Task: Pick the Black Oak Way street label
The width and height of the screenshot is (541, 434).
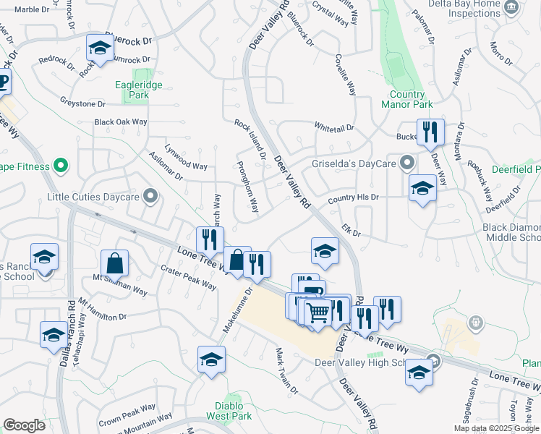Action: [x=121, y=122]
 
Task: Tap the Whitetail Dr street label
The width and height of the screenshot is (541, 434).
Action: [x=334, y=127]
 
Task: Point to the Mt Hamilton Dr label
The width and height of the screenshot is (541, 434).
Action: [x=103, y=309]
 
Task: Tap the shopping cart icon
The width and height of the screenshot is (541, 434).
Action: [x=318, y=312]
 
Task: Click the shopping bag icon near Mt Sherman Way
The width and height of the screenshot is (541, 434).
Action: [x=114, y=263]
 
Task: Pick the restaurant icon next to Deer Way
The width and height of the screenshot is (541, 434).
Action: [x=430, y=132]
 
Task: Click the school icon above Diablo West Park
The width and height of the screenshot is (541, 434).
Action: [x=211, y=359]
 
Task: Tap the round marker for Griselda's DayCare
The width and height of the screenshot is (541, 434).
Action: [x=407, y=162]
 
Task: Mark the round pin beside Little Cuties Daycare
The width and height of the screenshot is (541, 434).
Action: [x=150, y=196]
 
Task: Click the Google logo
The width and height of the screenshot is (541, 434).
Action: [x=24, y=425]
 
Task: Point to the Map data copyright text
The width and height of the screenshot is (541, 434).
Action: [x=496, y=428]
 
